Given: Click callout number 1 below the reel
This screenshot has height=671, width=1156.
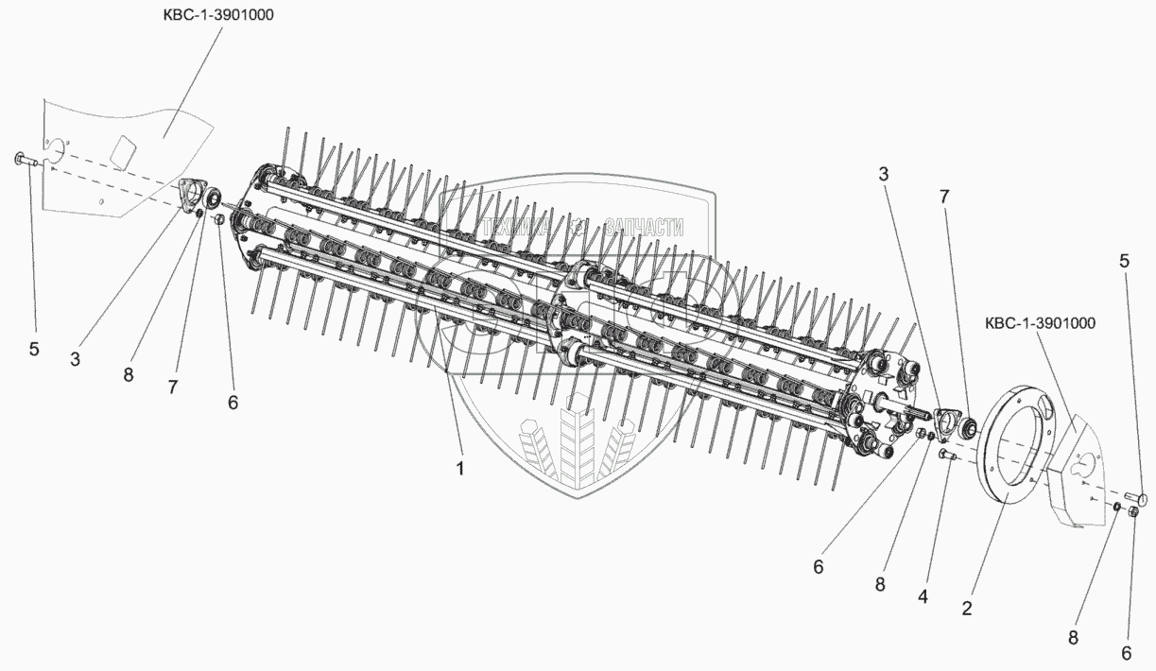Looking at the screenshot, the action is click(459, 469).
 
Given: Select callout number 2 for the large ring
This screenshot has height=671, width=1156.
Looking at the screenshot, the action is click(967, 608).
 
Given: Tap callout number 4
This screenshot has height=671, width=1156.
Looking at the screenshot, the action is click(923, 596).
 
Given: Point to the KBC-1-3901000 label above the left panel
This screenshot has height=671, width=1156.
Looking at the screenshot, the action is click(218, 15).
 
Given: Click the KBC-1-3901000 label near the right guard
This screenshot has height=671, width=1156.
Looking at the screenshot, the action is click(1040, 323).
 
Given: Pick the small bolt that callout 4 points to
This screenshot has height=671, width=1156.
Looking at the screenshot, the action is click(946, 456).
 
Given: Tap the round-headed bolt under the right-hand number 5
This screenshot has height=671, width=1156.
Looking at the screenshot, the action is click(1136, 498).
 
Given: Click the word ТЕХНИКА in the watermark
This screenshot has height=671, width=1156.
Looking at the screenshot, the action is click(516, 227).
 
